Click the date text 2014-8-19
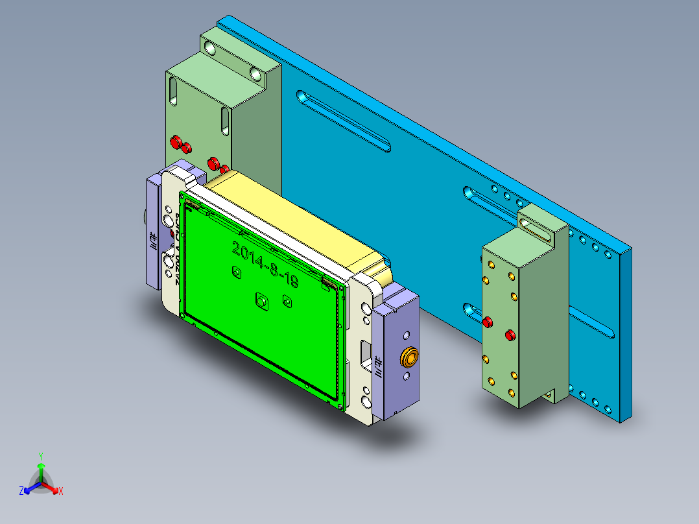click(x=265, y=265)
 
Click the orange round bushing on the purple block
click(x=409, y=356)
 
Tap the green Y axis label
click(x=40, y=455)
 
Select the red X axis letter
click(x=61, y=491)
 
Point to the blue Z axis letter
click(x=21, y=491)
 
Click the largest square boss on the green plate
click(x=262, y=301)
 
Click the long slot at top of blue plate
click(x=343, y=121)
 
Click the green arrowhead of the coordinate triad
click(x=40, y=466)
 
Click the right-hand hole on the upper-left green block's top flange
click(x=256, y=75)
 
